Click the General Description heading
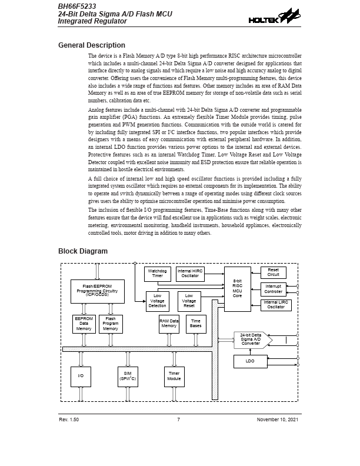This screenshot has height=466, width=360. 92,45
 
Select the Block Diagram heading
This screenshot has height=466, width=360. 83,251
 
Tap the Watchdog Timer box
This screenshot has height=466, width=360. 157,274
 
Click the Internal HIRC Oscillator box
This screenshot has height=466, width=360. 190,274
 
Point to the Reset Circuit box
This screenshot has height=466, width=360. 274,272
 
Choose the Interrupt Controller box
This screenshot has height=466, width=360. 274,289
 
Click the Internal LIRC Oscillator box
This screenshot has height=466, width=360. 276,305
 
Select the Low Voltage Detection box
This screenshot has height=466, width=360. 157,301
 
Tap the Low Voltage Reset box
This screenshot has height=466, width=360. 189,301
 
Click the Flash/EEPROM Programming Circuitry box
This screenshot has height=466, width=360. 97,290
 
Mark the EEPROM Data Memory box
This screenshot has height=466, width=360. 84,324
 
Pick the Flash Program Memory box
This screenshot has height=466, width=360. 111,324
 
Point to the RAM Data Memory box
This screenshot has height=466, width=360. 169,324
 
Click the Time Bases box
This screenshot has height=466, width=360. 196,324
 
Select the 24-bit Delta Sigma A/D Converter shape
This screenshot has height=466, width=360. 251,339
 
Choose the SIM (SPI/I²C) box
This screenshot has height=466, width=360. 127,377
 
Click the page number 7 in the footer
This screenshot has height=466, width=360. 178,419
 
